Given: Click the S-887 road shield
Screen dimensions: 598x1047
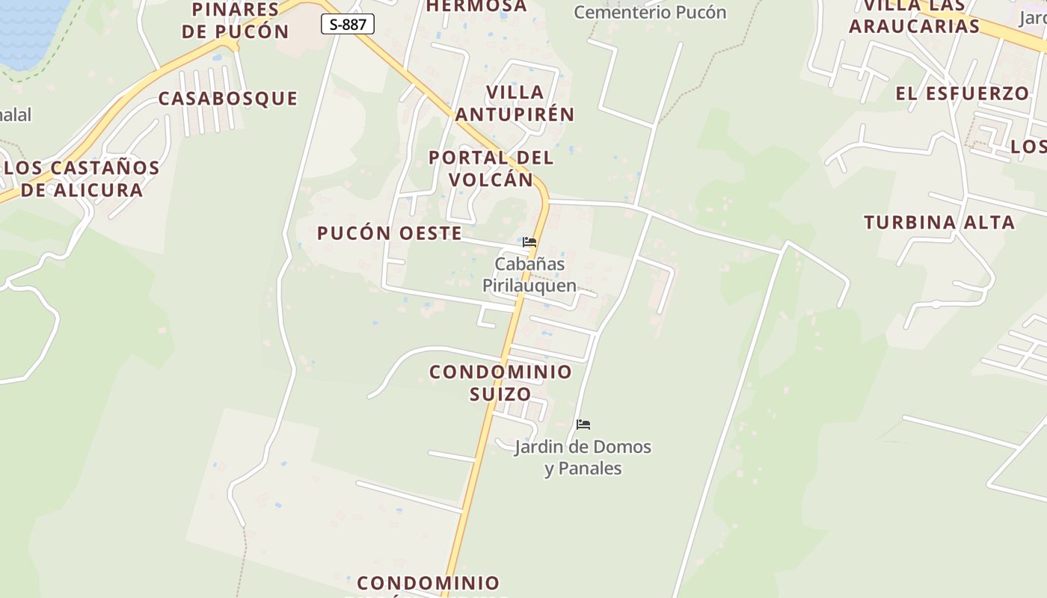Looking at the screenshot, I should [348, 24].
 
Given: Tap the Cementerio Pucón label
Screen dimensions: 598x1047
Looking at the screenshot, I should [650, 12].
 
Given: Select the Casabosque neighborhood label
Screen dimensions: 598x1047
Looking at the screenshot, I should [228, 99].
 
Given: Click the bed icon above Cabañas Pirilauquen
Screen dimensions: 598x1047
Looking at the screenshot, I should [529, 242].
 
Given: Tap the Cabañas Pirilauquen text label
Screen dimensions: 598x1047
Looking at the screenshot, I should [529, 274].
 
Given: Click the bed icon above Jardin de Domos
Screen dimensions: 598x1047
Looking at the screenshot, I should [583, 425].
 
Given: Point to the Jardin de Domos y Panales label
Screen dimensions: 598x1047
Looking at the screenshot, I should [583, 457].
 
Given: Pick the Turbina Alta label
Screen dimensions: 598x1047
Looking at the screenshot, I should [939, 223].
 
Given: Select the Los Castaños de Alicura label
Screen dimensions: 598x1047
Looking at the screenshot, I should [82, 179].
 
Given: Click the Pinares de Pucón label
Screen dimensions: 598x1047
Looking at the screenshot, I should [235, 20].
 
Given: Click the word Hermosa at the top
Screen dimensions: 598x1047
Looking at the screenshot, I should [476, 6].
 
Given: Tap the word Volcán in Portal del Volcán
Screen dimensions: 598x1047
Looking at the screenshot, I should [491, 180].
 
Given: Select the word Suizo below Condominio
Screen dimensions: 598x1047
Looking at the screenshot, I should [500, 394].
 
